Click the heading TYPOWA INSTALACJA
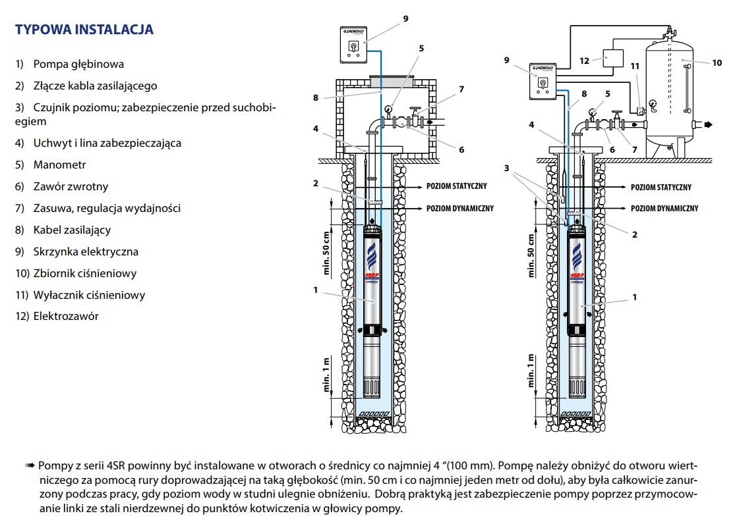click(x=84, y=30)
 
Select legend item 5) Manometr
click(x=51, y=165)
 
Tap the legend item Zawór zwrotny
click(x=61, y=186)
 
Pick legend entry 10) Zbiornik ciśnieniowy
click(x=76, y=273)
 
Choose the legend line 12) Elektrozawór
click(x=57, y=316)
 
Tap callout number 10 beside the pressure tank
click(x=718, y=63)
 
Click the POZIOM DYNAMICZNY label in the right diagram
click(x=664, y=208)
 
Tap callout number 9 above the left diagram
click(x=406, y=18)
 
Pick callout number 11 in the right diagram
click(x=634, y=66)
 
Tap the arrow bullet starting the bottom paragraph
click(x=30, y=465)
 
